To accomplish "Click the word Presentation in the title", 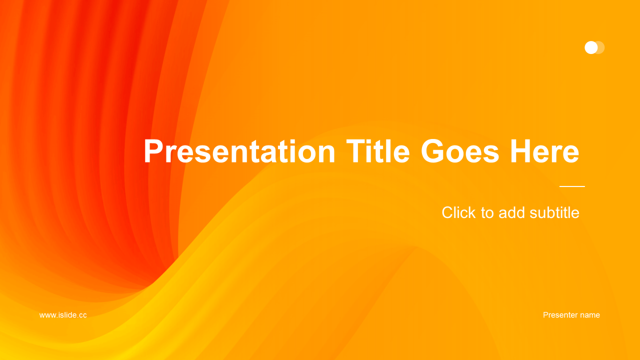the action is point(239,151).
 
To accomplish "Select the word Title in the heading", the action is point(378,151).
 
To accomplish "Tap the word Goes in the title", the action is point(460,151).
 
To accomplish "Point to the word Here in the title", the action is point(544,151).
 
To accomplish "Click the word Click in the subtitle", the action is point(458,212).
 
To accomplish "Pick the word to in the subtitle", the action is point(487,213).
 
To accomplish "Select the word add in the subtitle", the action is point(511,212).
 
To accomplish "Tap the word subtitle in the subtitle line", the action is point(554,212).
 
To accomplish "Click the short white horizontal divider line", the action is point(572,186).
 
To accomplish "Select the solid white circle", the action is point(591,47).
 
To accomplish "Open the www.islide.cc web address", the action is point(63,315).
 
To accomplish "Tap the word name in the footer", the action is point(590,315).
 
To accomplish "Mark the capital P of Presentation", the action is point(153,151).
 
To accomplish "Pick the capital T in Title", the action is point(356,151).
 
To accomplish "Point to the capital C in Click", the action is point(447,212).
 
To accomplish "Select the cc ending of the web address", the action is point(82,315).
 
